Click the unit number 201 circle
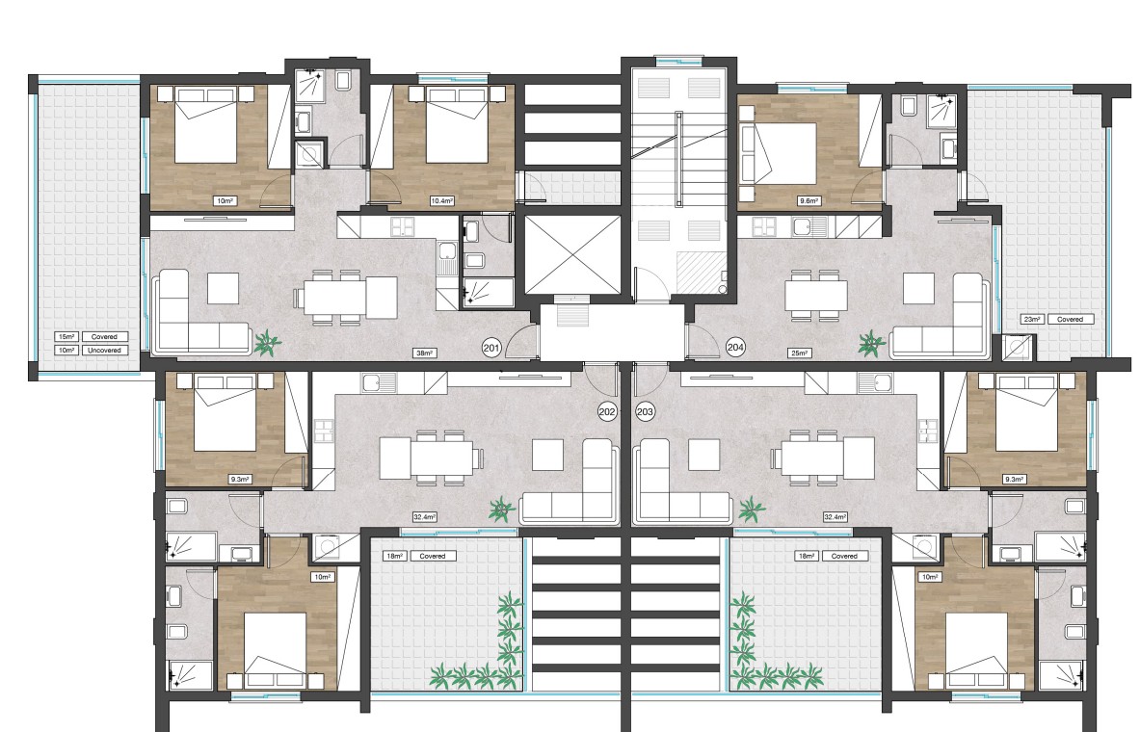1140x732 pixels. [x=491, y=349]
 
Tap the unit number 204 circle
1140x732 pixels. [x=735, y=348]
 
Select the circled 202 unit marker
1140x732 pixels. [x=607, y=412]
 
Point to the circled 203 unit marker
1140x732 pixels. [x=645, y=412]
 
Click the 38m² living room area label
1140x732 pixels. [x=425, y=353]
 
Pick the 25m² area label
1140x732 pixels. [x=800, y=353]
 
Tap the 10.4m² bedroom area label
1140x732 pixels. [x=441, y=200]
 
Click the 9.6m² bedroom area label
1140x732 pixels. [x=809, y=200]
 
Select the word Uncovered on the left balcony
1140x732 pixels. [x=104, y=351]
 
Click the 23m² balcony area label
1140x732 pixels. [x=1032, y=319]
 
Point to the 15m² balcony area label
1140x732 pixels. [x=66, y=336]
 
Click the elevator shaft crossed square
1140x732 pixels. [x=572, y=255]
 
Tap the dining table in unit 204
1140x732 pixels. [x=816, y=296]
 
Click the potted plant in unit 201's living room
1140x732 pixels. [x=267, y=342]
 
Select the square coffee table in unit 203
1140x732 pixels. [x=703, y=455]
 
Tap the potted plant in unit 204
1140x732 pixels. [x=871, y=342]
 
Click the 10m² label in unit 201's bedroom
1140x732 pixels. [x=225, y=200]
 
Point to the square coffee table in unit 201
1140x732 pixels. [x=223, y=288]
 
